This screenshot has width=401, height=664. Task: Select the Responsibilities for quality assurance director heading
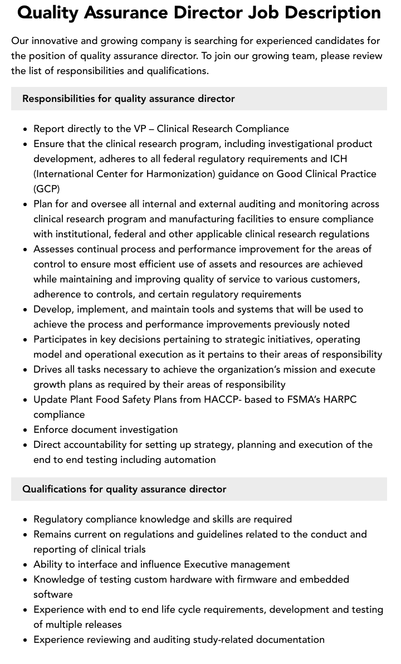tap(129, 99)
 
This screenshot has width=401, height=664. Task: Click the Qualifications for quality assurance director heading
tap(124, 489)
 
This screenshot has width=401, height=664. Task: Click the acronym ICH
tap(338, 159)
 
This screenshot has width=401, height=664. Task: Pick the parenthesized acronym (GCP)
tap(47, 189)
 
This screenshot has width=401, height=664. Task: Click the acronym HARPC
tap(339, 399)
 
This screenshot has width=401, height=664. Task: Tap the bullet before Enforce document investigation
tap(26, 430)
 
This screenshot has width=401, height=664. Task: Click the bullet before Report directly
tap(26, 129)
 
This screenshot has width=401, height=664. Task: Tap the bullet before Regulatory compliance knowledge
tap(26, 520)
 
